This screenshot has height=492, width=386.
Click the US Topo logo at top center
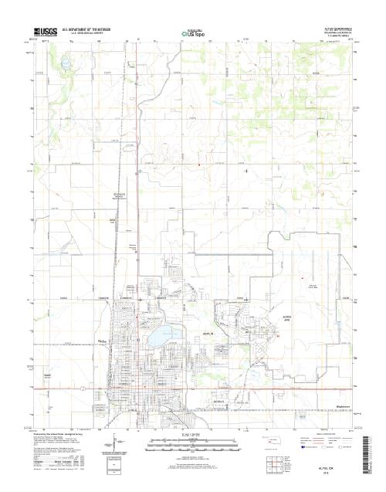[193, 33]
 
